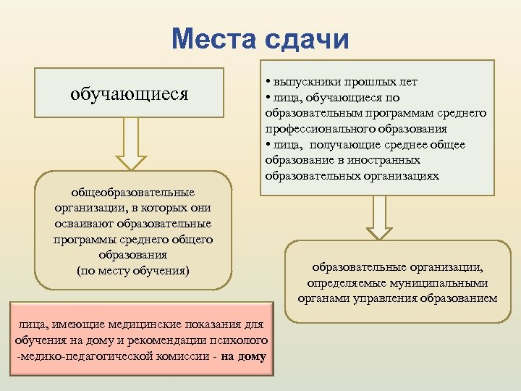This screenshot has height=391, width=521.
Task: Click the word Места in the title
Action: (x=215, y=39)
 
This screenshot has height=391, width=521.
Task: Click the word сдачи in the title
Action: (x=307, y=39)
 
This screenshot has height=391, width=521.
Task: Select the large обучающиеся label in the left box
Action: (x=130, y=93)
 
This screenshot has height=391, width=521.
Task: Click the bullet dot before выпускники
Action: (x=268, y=82)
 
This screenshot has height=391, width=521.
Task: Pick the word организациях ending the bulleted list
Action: (x=403, y=175)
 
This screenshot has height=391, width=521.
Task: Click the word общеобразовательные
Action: (x=132, y=193)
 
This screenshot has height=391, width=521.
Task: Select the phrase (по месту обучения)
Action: (x=132, y=271)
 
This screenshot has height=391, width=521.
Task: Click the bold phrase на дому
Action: (x=244, y=356)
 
